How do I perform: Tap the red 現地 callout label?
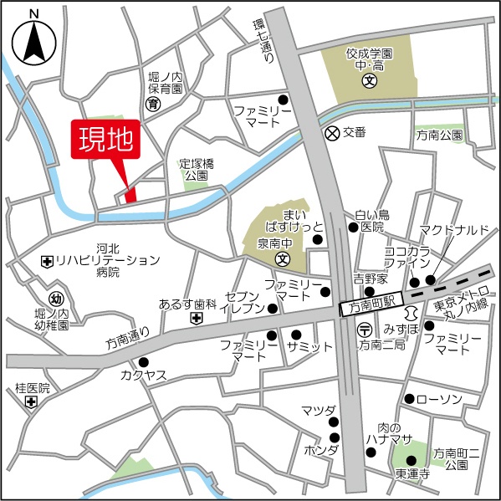(x=106, y=140)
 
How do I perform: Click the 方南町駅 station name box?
(x=371, y=306)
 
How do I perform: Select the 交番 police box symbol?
(x=331, y=132)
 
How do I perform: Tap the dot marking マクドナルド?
(x=431, y=280)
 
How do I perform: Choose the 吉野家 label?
(x=368, y=279)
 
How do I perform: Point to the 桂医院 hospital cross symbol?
(x=31, y=402)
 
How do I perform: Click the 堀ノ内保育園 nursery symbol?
(x=153, y=104)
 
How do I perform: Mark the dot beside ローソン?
(x=409, y=398)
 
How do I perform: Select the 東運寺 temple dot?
(x=410, y=459)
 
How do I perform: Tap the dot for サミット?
(x=295, y=335)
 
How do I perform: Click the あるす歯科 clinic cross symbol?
(x=195, y=319)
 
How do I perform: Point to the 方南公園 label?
(x=439, y=134)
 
